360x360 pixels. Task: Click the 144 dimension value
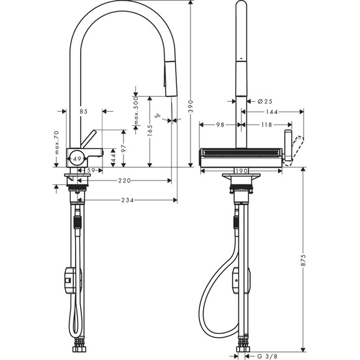click(x=271, y=112)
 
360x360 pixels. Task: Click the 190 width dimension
click(x=241, y=171)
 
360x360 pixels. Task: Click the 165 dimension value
click(x=150, y=131)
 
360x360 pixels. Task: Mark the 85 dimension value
click(x=84, y=111)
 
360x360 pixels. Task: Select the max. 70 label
click(x=56, y=143)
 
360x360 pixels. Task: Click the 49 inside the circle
click(x=77, y=159)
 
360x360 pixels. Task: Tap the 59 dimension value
click(x=91, y=170)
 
